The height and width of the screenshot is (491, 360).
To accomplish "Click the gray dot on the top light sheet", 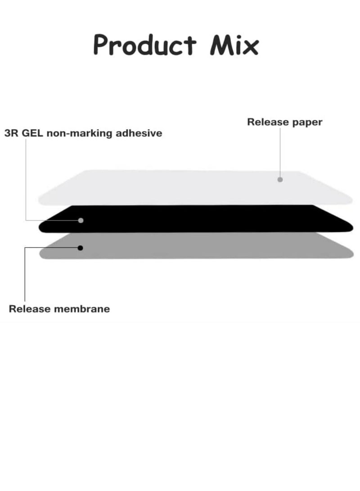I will (x=280, y=180).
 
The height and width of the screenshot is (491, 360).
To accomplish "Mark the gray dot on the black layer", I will (x=81, y=221).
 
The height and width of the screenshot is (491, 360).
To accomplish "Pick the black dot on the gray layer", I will (x=81, y=248).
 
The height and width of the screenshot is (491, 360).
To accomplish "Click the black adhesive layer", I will (x=202, y=219).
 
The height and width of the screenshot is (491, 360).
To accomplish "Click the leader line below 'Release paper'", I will (x=280, y=153).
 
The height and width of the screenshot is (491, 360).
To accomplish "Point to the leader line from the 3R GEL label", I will (x=26, y=180).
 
